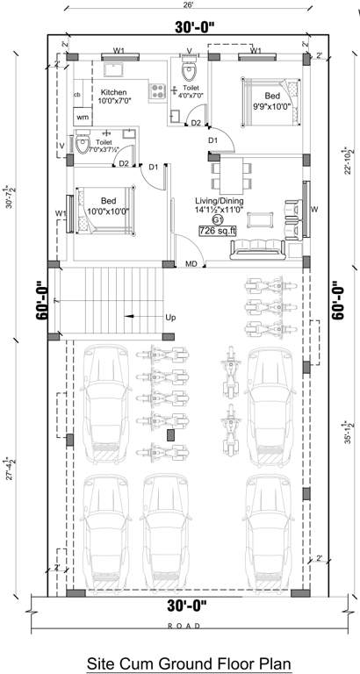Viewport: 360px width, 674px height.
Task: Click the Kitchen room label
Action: pyautogui.click(x=113, y=92)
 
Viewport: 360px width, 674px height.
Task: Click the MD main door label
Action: pyautogui.click(x=191, y=263)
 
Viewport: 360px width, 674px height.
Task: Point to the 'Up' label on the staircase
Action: pyautogui.click(x=169, y=317)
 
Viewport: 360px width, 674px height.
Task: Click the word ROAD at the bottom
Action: pyautogui.click(x=180, y=625)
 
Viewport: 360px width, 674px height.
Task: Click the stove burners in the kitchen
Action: pyautogui.click(x=159, y=89)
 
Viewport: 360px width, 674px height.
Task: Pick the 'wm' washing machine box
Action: pyautogui.click(x=83, y=116)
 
